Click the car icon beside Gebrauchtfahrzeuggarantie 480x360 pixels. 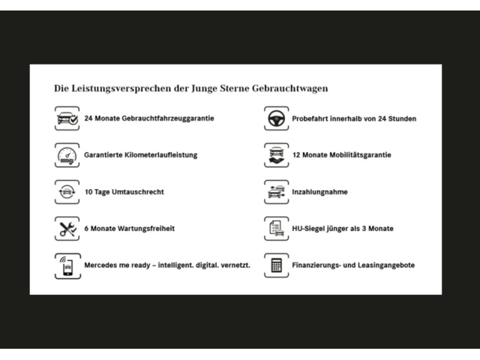(x=67, y=118)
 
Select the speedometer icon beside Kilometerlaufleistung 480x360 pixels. (x=67, y=155)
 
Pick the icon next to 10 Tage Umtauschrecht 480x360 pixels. (x=67, y=192)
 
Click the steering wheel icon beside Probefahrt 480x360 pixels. (x=275, y=118)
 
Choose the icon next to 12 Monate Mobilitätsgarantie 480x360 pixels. (x=275, y=155)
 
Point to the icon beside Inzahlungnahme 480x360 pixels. (x=275, y=192)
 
